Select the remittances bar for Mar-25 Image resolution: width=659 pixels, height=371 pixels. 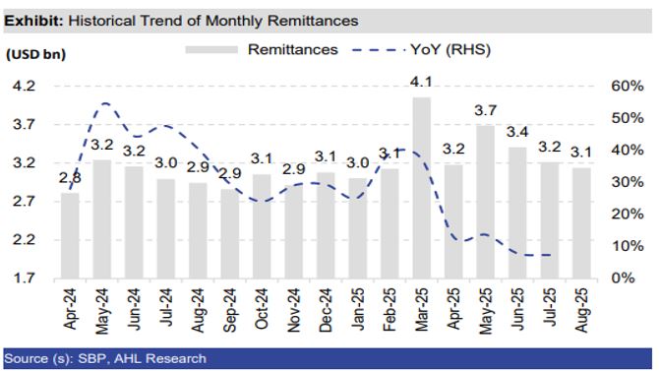click(x=421, y=187)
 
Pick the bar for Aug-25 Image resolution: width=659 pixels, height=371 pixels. click(x=580, y=222)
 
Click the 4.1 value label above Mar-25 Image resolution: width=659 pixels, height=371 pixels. click(x=421, y=82)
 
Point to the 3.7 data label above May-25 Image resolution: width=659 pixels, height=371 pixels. click(x=485, y=111)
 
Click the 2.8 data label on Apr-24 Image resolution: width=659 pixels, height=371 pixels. click(x=70, y=178)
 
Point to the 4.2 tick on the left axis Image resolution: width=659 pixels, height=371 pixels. click(x=23, y=87)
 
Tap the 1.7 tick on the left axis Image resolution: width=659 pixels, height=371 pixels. click(x=23, y=278)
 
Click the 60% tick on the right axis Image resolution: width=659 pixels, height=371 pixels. click(x=627, y=87)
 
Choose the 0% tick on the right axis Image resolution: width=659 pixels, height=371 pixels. click(x=622, y=278)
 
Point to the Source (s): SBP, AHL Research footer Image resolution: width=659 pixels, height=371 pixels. click(x=106, y=358)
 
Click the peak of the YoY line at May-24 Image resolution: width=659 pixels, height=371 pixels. click(x=104, y=103)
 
